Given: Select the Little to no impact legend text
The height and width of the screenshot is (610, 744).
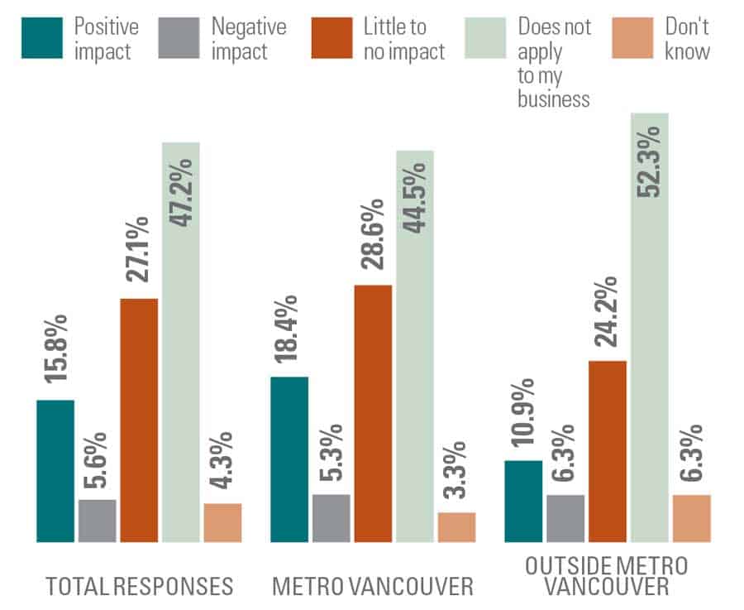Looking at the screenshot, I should point(404,39).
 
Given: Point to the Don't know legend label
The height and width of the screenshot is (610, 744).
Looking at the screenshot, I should point(687,39).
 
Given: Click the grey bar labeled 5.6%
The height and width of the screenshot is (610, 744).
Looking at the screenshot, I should point(98,521).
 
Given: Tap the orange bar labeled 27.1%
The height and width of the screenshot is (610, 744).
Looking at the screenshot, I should point(139,420).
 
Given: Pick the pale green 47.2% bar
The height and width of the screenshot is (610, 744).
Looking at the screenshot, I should point(181,342).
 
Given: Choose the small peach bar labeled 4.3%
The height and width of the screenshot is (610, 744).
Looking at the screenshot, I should point(222,522).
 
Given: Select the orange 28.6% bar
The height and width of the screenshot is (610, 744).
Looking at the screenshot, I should point(373,413).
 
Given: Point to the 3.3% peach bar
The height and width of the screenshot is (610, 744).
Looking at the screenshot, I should point(456,527).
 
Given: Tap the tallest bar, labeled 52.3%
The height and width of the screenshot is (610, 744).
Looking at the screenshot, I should point(650,327).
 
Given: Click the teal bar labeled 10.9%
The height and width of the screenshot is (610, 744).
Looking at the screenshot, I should point(523,501).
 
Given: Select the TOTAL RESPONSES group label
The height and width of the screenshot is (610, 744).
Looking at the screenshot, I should point(139,587).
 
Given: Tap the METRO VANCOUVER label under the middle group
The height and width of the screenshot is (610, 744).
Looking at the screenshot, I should point(373,587).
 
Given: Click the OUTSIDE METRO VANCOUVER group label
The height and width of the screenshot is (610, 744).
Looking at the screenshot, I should point(607,577).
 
